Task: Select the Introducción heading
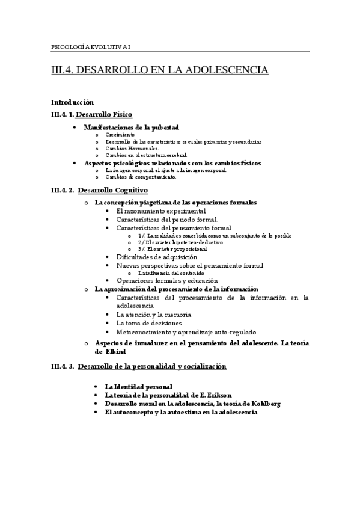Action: point(72,102)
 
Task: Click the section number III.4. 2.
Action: point(63,190)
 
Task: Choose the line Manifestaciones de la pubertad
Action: point(131,127)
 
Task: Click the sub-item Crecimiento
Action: point(120,135)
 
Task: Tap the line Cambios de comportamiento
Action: point(141,177)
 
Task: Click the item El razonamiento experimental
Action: point(161,211)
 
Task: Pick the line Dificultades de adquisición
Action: point(156,257)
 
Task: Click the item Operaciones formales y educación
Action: point(167,280)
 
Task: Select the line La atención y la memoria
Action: point(153,314)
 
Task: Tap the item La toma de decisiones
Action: point(148,323)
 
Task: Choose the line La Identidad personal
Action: point(139,386)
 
